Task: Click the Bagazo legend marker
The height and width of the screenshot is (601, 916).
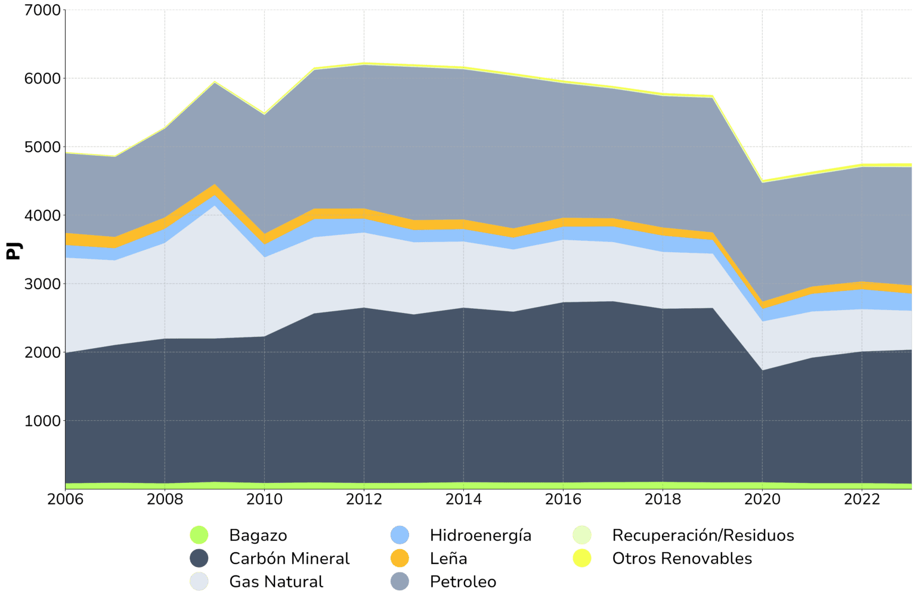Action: [x=199, y=535]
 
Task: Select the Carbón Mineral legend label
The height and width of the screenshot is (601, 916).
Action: [x=289, y=559]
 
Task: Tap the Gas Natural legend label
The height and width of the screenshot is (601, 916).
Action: [x=276, y=581]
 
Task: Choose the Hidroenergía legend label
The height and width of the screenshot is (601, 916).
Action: [x=480, y=535]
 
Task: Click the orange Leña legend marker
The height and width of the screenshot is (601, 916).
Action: [x=400, y=559]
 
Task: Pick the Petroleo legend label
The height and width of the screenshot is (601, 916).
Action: [x=463, y=581]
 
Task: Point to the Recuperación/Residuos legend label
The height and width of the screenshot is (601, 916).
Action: [x=703, y=535]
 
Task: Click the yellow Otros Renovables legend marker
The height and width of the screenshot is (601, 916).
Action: [x=581, y=559]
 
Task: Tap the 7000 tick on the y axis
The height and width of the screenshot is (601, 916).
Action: [x=42, y=10]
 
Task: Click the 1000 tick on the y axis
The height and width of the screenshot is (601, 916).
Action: [x=42, y=421]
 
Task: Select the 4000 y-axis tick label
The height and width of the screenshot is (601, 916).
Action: [x=42, y=215]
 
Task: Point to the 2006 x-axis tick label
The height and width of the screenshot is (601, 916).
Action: [x=66, y=499]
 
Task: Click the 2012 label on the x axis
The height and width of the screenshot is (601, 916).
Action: [x=364, y=499]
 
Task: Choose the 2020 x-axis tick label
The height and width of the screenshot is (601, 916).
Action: [x=762, y=499]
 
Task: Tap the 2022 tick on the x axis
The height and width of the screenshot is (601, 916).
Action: [x=861, y=499]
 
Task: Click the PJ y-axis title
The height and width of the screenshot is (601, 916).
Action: [x=13, y=250]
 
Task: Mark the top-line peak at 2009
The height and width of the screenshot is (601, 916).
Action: [x=215, y=81]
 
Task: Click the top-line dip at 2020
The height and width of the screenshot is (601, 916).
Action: [x=762, y=180]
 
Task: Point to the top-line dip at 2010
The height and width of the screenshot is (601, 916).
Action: [x=264, y=113]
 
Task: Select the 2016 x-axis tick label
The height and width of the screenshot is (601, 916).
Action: [x=562, y=499]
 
